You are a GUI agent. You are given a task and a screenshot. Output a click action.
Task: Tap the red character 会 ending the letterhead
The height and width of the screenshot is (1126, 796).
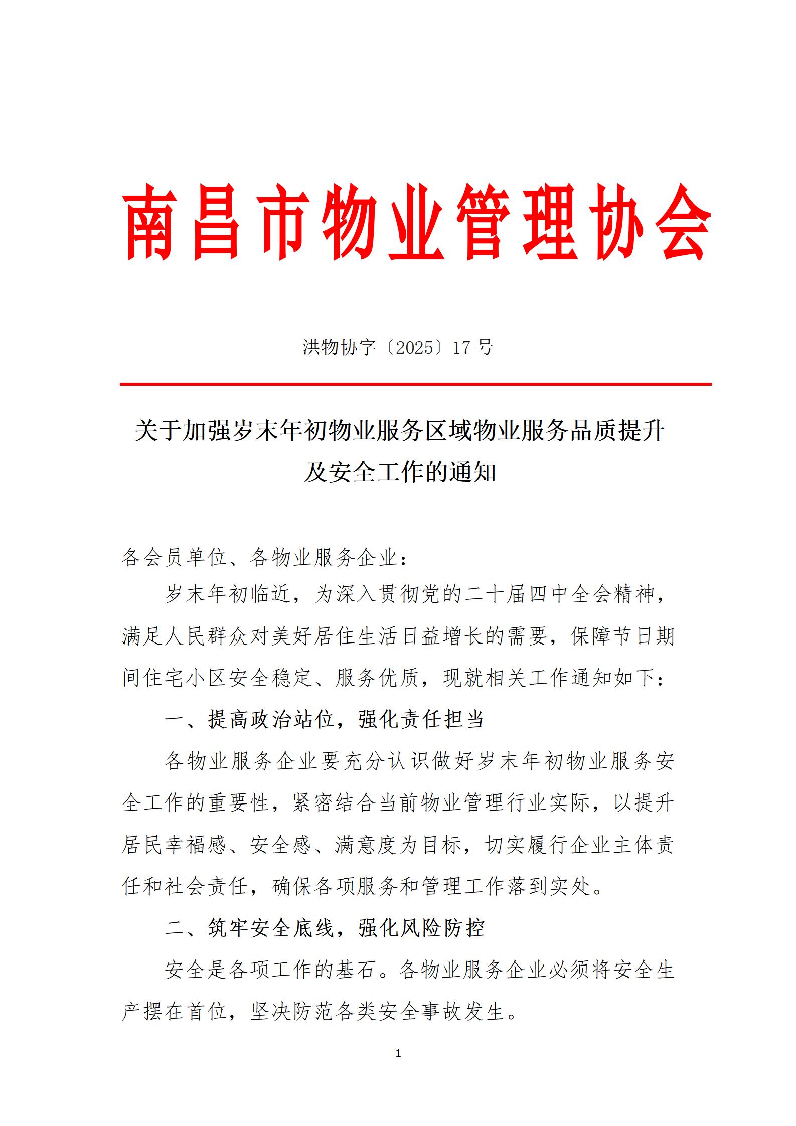[x=679, y=222]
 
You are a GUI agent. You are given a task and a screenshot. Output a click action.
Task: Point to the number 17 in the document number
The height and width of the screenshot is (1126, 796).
[x=461, y=347]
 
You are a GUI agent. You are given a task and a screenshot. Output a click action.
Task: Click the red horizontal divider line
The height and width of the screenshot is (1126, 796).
[x=415, y=384]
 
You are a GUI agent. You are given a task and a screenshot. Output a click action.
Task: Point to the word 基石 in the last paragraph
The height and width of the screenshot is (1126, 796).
[x=357, y=970]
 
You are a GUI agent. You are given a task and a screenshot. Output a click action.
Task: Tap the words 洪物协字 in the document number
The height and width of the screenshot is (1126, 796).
[x=340, y=347]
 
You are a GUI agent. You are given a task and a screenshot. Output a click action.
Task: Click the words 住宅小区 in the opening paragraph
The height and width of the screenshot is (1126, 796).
[x=187, y=678]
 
